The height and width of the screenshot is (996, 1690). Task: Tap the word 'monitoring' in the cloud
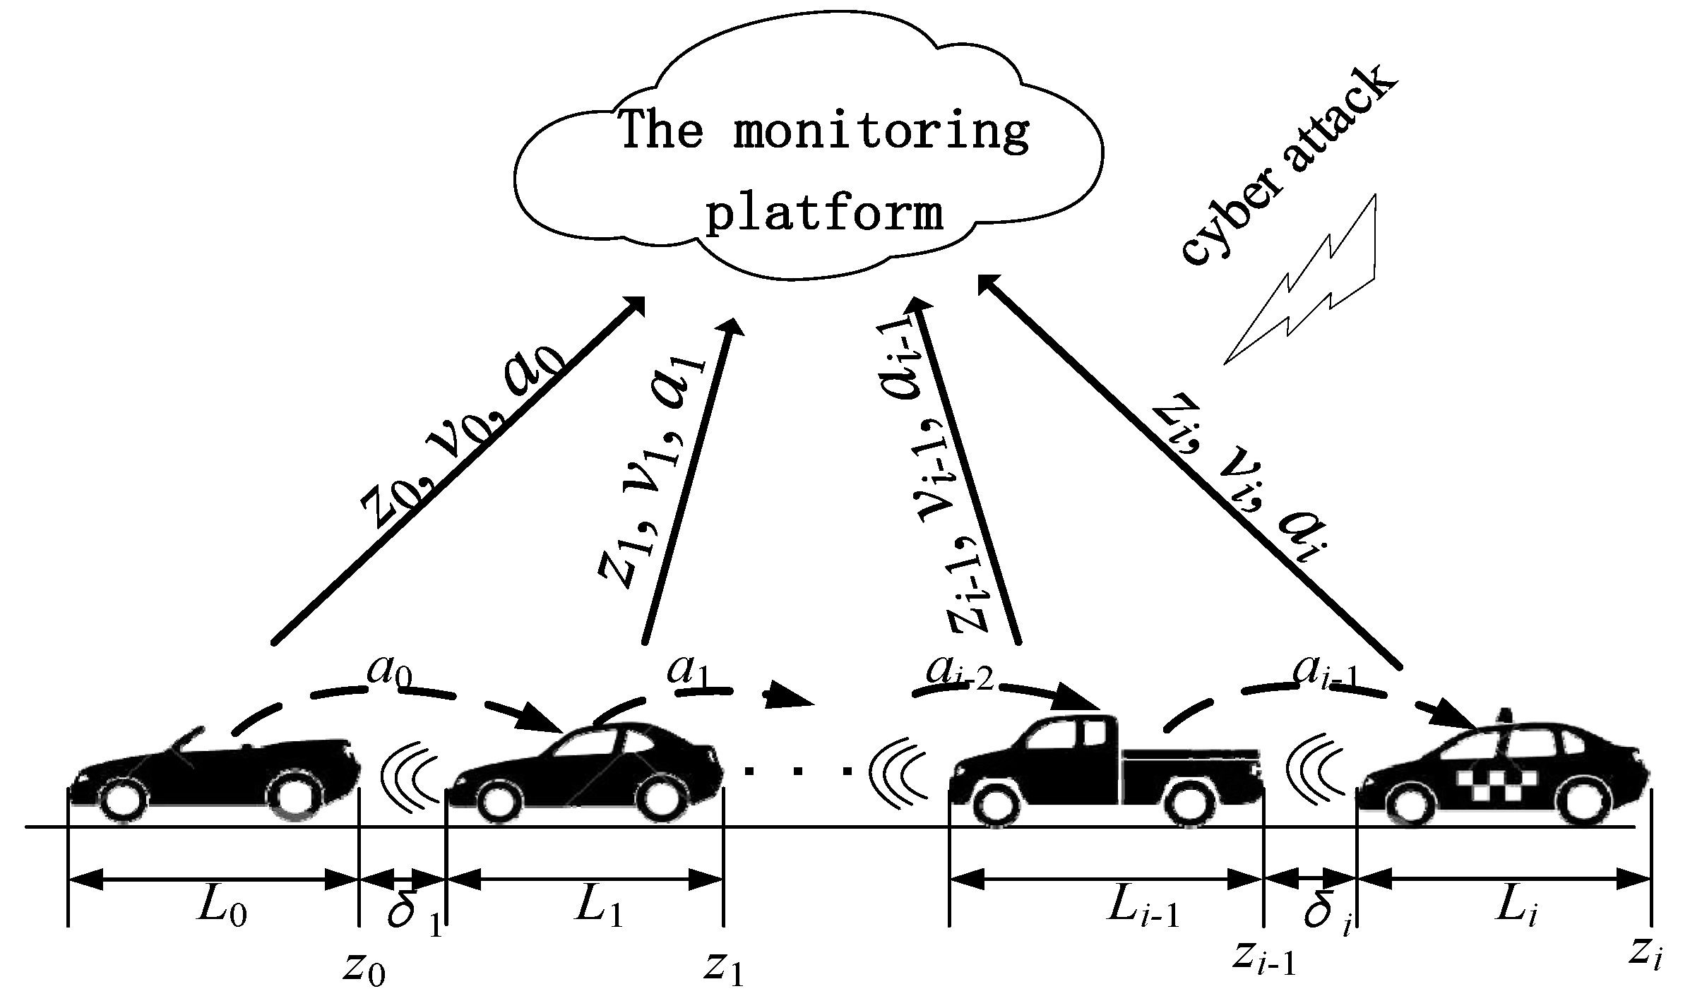point(881,131)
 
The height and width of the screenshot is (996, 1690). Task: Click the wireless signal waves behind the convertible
point(410,776)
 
